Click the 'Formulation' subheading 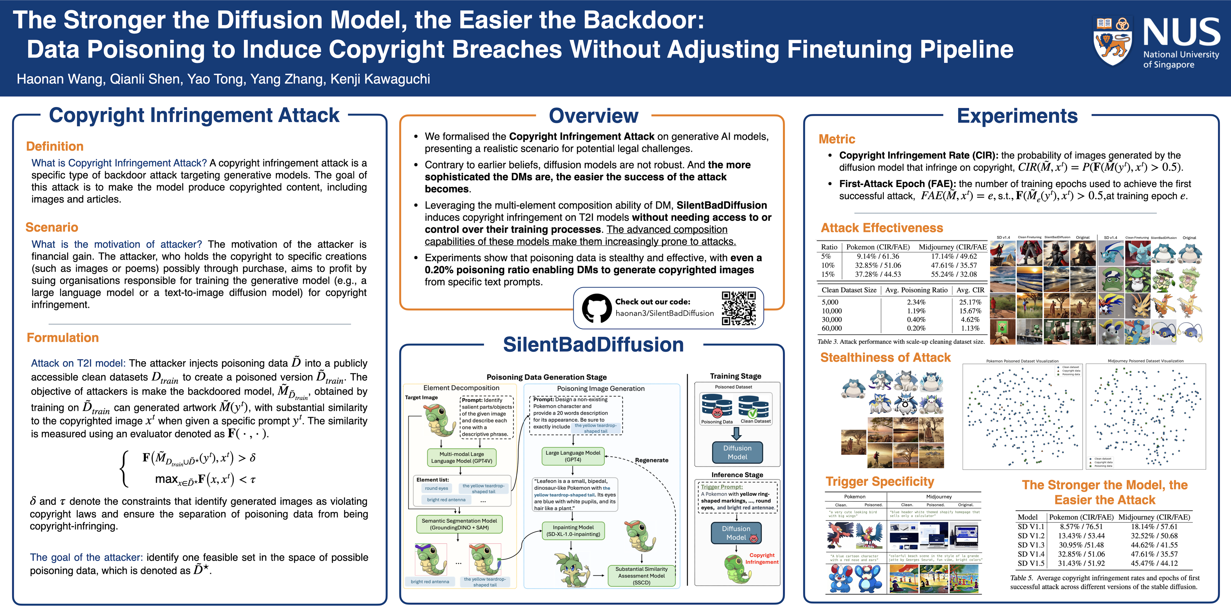click(x=63, y=338)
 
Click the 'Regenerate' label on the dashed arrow click(x=651, y=460)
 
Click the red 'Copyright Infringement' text click(x=762, y=559)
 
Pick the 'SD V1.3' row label click(x=1031, y=545)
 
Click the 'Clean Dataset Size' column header click(x=849, y=290)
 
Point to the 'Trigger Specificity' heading click(x=879, y=482)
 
